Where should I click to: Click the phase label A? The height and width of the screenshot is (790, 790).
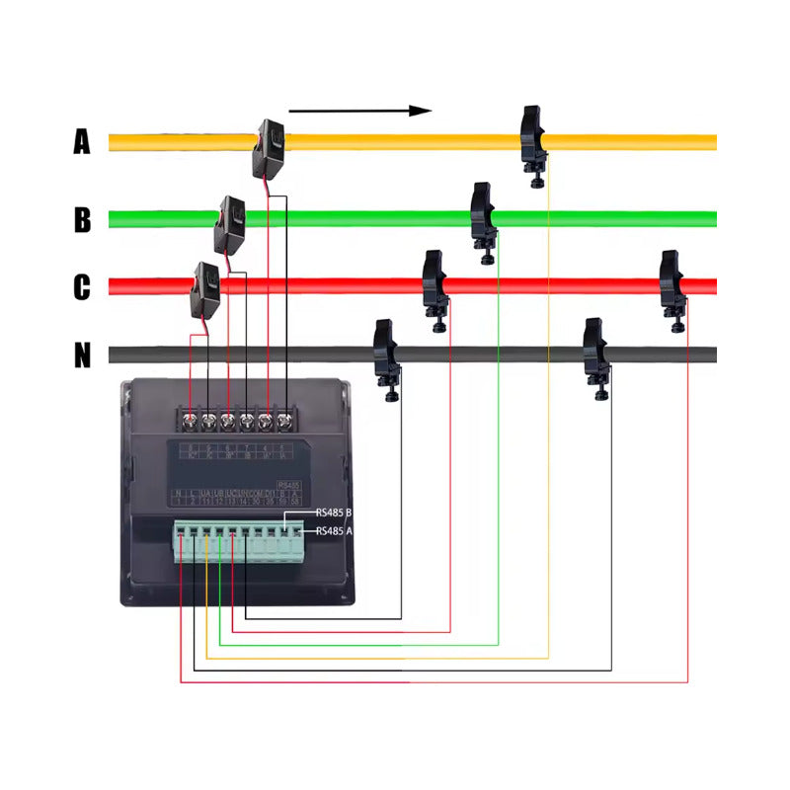[82, 142]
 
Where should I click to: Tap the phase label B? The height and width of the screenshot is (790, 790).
[82, 219]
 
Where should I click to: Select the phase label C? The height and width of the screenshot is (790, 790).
[82, 287]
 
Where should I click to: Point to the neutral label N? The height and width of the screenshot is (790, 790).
[82, 355]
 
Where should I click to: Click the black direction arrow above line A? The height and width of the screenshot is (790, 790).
[360, 111]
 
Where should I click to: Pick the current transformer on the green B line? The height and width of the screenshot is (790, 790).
[230, 224]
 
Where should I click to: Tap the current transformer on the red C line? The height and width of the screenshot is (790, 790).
[204, 288]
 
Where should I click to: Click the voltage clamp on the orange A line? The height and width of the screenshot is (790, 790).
[533, 144]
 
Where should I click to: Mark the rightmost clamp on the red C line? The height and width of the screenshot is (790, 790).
[673, 287]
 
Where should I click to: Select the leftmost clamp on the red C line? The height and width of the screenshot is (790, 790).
[434, 288]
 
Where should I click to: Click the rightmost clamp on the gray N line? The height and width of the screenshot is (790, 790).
[594, 355]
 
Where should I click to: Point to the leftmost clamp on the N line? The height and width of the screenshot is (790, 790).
[385, 358]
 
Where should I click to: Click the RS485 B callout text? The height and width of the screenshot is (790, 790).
[334, 513]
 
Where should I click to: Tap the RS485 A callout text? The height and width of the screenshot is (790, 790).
[334, 531]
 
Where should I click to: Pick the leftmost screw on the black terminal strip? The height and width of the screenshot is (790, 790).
[191, 422]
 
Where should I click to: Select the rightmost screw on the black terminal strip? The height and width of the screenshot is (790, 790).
[285, 422]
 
